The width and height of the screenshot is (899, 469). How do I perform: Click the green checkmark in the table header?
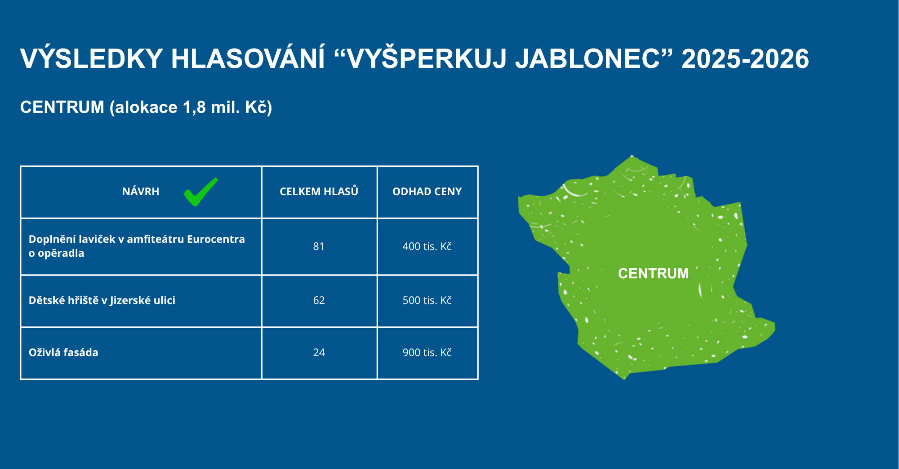point(200,192)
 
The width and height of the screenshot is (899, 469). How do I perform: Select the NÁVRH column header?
point(141,192)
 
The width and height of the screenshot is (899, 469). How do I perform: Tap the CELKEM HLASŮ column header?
point(319,191)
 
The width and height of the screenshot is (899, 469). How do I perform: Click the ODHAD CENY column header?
point(427,192)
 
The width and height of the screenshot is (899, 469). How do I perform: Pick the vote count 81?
point(319,246)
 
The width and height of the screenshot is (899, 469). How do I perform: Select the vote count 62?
point(319,300)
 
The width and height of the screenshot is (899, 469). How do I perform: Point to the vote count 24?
point(319,353)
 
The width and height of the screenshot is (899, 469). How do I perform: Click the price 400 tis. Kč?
point(427,246)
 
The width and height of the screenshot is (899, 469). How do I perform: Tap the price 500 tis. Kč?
point(427,300)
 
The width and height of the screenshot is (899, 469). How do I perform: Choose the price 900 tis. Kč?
point(427,353)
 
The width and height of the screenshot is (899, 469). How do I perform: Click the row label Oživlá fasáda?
point(63,353)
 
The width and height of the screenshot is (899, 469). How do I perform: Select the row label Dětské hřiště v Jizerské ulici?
point(102,300)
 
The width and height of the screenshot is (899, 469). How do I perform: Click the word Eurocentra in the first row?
point(216,239)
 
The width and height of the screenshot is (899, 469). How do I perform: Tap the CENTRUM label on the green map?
point(653,273)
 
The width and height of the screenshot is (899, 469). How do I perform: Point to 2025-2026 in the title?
point(745,59)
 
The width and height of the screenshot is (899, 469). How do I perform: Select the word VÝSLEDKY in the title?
point(92,58)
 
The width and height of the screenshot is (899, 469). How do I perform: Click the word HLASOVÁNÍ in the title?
point(248,58)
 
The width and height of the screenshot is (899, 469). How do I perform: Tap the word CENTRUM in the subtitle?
point(62,107)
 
